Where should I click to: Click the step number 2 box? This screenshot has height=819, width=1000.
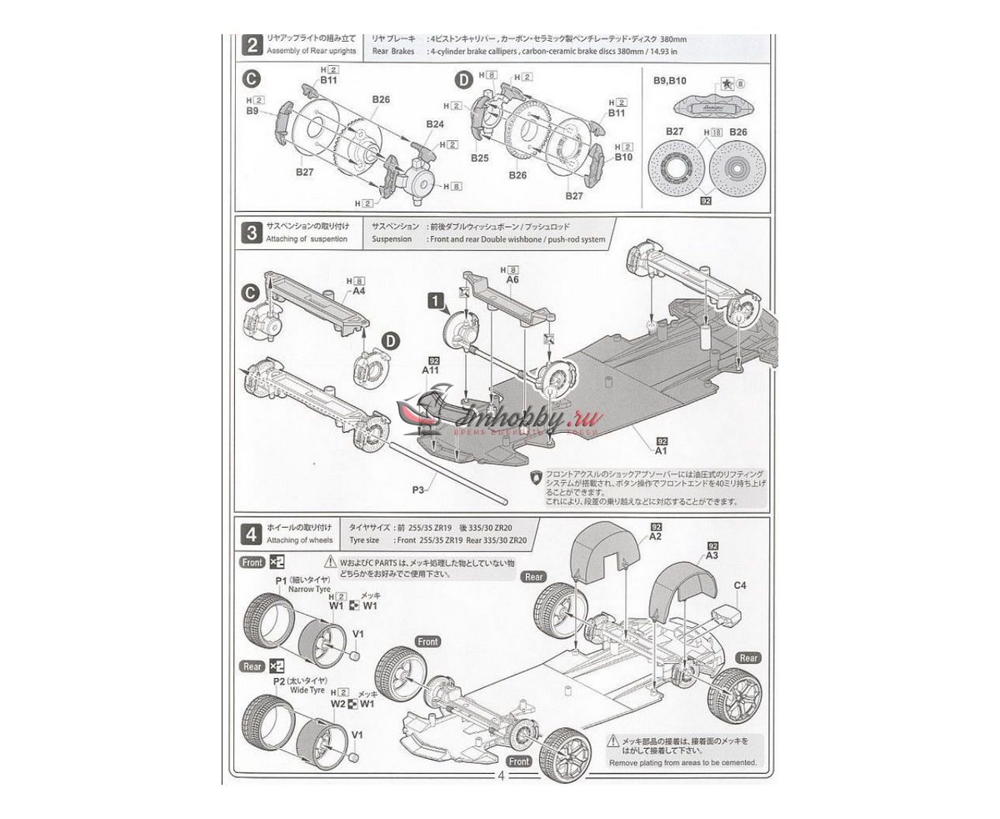pyautogui.click(x=251, y=43)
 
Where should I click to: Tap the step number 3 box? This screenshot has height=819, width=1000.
pyautogui.click(x=251, y=233)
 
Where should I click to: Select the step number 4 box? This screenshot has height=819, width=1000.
pyautogui.click(x=251, y=533)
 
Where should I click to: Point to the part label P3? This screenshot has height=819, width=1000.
pyautogui.click(x=419, y=490)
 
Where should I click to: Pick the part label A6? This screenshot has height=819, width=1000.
pyautogui.click(x=512, y=280)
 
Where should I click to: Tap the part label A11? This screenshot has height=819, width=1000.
pyautogui.click(x=431, y=369)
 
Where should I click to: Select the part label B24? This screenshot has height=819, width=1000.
pyautogui.click(x=435, y=124)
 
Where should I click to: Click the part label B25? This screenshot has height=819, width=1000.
pyautogui.click(x=479, y=157)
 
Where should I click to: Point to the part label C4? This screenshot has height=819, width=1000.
pyautogui.click(x=740, y=585)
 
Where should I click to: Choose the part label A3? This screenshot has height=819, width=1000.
pyautogui.click(x=712, y=555)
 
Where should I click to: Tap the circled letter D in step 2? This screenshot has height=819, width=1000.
pyautogui.click(x=463, y=80)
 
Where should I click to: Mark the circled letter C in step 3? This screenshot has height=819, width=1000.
pyautogui.click(x=249, y=292)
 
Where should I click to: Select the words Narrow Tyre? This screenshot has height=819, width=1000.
pyautogui.click(x=309, y=590)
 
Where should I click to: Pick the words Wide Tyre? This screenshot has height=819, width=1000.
pyautogui.click(x=306, y=691)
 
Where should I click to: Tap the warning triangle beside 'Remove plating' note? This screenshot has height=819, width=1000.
pyautogui.click(x=613, y=740)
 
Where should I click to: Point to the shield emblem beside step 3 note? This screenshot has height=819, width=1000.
pyautogui.click(x=534, y=479)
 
